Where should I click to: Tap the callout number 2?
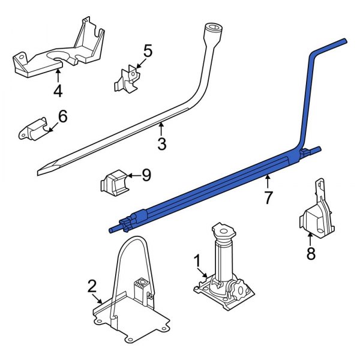(92, 286)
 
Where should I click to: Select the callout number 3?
(161, 143)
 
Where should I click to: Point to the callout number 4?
(58, 92)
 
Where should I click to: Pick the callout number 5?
(147, 51)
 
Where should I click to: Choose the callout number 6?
(62, 116)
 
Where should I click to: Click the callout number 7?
(268, 196)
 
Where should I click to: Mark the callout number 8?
(310, 254)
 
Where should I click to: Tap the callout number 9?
(146, 175)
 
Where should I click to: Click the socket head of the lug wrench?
(213, 32)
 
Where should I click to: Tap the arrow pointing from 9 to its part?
(133, 175)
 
